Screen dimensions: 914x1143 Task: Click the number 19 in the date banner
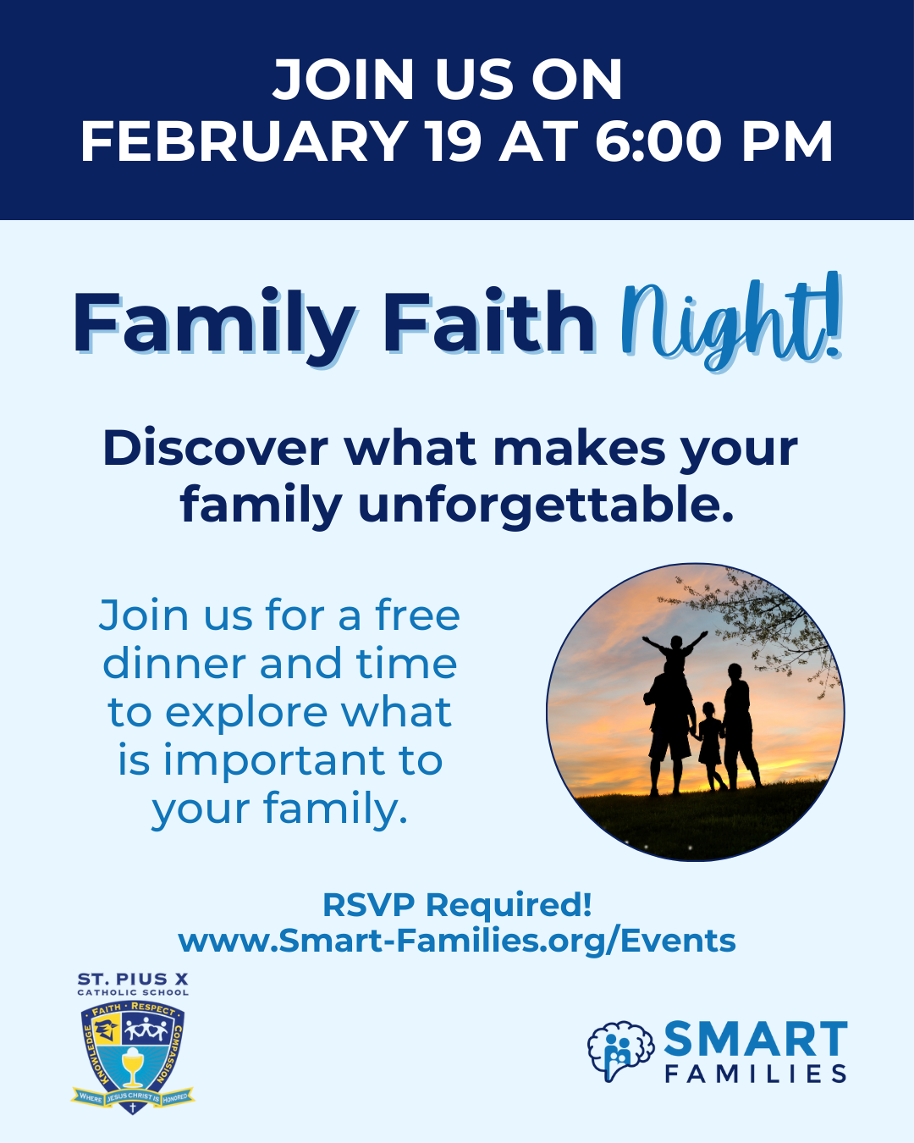pyautogui.click(x=454, y=141)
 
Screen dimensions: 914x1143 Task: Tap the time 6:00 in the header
pyautogui.click(x=658, y=141)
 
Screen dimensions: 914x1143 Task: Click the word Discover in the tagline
pyautogui.click(x=216, y=449)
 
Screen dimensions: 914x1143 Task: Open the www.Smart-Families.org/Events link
pyautogui.click(x=457, y=941)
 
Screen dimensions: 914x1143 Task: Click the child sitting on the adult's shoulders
pyautogui.click(x=674, y=654)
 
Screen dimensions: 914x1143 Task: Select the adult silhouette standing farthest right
pyautogui.click(x=741, y=726)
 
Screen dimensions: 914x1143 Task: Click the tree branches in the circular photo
pyautogui.click(x=765, y=621)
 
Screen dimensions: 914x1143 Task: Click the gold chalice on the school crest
pyautogui.click(x=132, y=1067)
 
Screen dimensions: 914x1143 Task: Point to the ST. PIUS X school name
pyautogui.click(x=133, y=979)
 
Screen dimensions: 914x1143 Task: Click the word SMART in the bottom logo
pyautogui.click(x=756, y=1039)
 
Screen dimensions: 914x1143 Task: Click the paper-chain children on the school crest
pyautogui.click(x=146, y=1030)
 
